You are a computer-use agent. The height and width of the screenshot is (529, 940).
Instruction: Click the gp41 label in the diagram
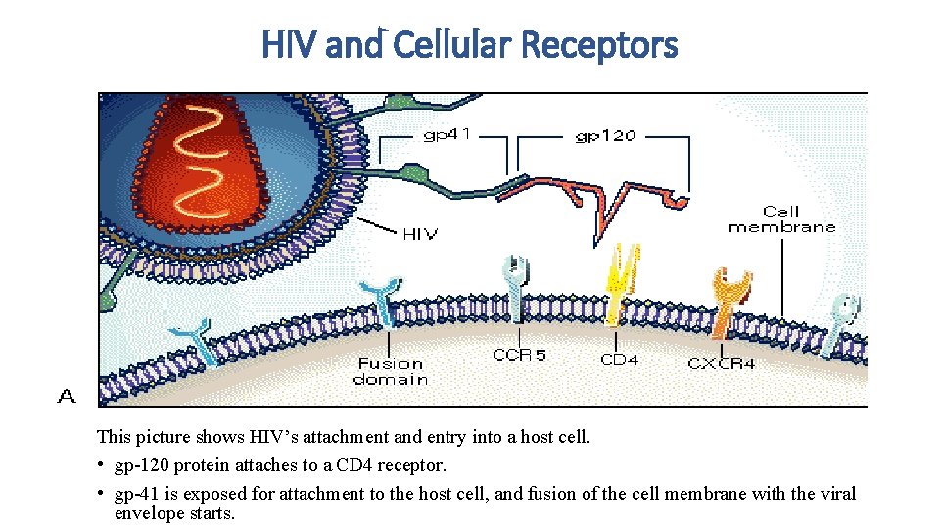click(446, 134)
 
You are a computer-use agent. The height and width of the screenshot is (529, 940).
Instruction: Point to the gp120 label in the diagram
click(603, 136)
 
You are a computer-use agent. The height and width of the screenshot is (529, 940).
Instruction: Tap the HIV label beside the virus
click(420, 233)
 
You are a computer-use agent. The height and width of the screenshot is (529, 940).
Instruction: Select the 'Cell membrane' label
click(781, 218)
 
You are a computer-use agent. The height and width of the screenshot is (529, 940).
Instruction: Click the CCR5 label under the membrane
click(519, 354)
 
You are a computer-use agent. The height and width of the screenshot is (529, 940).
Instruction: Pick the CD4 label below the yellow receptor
click(619, 360)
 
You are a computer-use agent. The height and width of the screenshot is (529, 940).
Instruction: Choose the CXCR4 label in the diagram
click(721, 363)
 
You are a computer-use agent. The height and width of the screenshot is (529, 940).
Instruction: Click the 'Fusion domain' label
click(391, 371)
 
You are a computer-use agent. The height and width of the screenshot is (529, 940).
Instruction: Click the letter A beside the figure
click(66, 396)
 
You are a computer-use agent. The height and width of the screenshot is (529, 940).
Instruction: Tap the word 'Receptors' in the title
click(599, 45)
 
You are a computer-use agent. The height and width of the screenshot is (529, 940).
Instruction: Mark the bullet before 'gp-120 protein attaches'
click(102, 465)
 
